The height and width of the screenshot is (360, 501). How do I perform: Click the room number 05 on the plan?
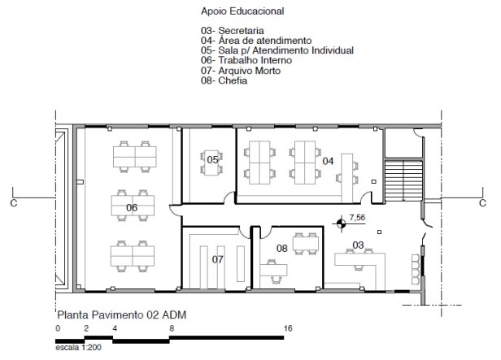[212, 159]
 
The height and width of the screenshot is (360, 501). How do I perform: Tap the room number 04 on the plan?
[328, 161]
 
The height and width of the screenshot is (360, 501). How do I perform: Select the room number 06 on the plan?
[132, 208]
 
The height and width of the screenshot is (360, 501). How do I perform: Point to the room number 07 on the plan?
[218, 259]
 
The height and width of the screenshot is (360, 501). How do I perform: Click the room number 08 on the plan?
[281, 248]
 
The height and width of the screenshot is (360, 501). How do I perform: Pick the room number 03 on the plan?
[358, 245]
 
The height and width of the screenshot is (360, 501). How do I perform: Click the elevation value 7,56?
[357, 217]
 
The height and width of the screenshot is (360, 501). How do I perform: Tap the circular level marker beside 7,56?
[342, 223]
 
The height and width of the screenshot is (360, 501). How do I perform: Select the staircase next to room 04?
[403, 180]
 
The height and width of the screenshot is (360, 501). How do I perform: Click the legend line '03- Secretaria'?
[233, 31]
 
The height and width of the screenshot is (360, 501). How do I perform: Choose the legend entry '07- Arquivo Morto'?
[241, 71]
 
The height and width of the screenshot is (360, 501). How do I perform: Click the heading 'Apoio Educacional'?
[242, 11]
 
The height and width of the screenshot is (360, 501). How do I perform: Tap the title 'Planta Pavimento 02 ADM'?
[122, 315]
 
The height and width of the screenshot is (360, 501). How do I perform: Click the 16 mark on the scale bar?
[288, 328]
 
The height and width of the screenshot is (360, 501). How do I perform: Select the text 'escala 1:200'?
[78, 348]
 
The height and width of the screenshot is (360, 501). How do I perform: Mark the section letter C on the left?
[14, 203]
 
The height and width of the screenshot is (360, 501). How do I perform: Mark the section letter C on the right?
[482, 203]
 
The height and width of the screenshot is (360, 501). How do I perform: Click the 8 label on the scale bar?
[172, 328]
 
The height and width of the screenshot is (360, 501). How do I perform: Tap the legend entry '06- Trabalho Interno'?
[246, 60]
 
